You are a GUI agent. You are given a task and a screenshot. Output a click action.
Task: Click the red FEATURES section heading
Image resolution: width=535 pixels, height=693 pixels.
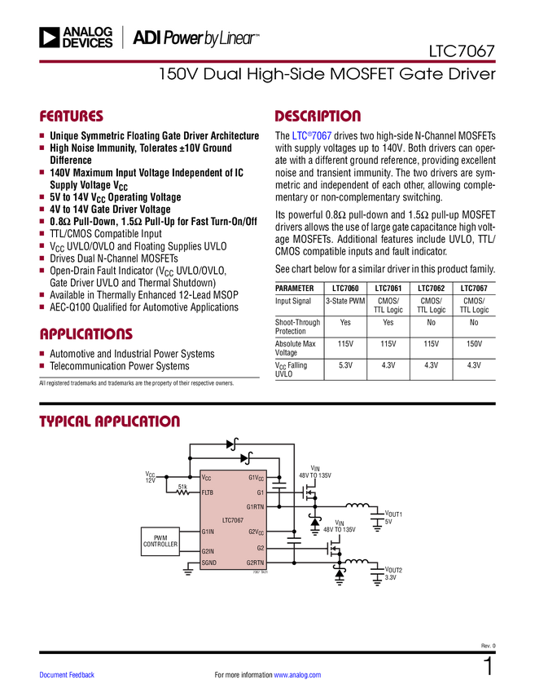[x=72, y=117]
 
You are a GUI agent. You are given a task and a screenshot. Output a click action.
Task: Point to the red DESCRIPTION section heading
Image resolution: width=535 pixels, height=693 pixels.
[x=318, y=117]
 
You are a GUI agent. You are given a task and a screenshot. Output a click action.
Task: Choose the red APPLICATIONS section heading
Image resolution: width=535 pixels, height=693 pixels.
[x=86, y=334]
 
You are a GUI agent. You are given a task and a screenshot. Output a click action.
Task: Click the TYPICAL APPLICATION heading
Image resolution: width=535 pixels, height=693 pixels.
[x=109, y=422]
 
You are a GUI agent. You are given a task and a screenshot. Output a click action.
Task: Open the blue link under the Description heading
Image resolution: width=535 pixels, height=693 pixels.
[x=312, y=136]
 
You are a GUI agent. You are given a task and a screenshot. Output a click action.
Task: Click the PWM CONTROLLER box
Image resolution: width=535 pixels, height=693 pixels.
[x=160, y=541]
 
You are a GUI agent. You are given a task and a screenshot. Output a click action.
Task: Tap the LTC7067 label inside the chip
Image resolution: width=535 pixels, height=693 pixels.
[x=232, y=519]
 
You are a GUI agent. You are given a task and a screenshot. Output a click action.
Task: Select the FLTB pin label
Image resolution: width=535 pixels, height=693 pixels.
[x=208, y=493]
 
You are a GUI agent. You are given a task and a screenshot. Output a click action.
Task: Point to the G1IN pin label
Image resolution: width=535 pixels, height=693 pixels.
[x=208, y=532]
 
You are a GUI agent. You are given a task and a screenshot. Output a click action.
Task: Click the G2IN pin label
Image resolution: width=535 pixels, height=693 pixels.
[x=208, y=551]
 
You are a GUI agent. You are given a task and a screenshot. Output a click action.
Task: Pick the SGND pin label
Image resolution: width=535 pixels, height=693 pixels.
[x=209, y=563]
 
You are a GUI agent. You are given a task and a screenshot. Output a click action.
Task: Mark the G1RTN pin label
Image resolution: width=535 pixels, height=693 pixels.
[x=255, y=506]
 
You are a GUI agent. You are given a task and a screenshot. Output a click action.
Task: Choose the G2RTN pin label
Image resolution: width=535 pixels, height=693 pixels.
[x=255, y=563]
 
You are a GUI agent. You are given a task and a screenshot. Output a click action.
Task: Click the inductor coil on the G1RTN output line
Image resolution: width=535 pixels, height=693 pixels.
[x=357, y=507]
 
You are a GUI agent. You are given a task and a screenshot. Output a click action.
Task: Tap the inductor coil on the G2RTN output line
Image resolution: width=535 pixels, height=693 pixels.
[x=357, y=563]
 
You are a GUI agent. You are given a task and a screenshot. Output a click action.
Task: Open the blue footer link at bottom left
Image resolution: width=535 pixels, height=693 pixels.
[x=68, y=674]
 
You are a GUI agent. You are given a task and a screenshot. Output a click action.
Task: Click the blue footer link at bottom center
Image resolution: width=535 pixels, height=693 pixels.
[x=297, y=674]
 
